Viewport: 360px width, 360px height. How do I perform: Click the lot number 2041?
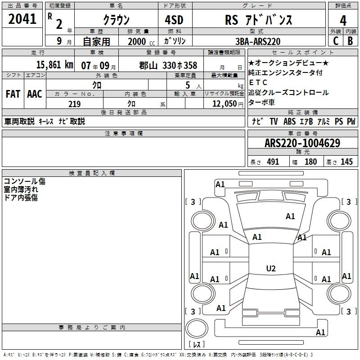(x=22, y=19)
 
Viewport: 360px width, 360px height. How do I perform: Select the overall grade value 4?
(x=343, y=21)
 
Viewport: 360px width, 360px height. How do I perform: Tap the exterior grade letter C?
(x=336, y=41)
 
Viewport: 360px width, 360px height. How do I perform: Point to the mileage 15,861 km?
(x=54, y=65)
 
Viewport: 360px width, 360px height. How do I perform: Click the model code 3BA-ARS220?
(x=258, y=41)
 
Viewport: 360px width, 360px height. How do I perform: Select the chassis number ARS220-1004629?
(x=302, y=143)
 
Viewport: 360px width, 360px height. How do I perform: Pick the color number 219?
(x=74, y=104)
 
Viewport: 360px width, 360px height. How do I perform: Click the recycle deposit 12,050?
(x=224, y=104)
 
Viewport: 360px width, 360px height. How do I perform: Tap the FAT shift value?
(x=13, y=94)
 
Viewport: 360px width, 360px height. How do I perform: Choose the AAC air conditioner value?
(x=35, y=94)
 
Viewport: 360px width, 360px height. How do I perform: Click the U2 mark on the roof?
(x=271, y=268)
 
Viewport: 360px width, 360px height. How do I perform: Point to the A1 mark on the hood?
(x=290, y=216)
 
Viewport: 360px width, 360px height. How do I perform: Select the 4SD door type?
(x=174, y=20)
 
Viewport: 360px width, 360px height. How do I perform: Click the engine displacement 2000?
(x=137, y=41)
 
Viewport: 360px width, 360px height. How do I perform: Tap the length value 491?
(x=273, y=162)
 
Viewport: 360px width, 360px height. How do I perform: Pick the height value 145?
(x=346, y=162)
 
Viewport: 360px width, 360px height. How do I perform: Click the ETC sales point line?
(x=258, y=82)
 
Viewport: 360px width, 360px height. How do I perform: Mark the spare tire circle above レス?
(x=197, y=328)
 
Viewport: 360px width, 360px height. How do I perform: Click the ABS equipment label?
(x=289, y=121)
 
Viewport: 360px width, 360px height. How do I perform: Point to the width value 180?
(x=310, y=162)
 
